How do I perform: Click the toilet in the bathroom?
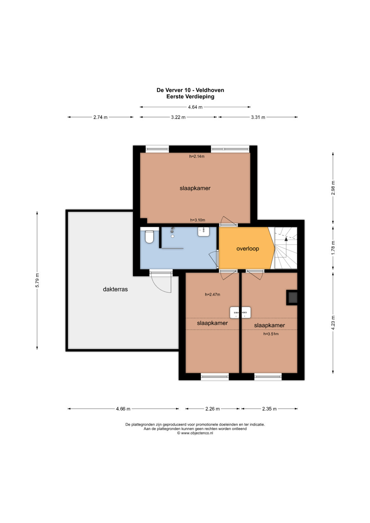[x=149, y=237]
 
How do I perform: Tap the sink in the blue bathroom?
[x=204, y=232]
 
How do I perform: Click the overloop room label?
[x=248, y=249]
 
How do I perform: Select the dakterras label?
[x=115, y=289]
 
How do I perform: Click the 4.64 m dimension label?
[x=195, y=107]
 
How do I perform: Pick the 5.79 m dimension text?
[x=37, y=280]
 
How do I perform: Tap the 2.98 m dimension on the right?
[x=333, y=188]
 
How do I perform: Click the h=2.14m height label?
[x=197, y=157]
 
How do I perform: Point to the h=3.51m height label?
[x=271, y=334]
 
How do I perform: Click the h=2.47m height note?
[x=212, y=295]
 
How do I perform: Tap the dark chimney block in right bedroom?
[x=292, y=297]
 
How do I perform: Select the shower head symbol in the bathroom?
[x=173, y=230]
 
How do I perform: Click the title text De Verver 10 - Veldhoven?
[x=190, y=90]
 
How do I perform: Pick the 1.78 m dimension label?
[x=333, y=248]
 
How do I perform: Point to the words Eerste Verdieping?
[x=190, y=97]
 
